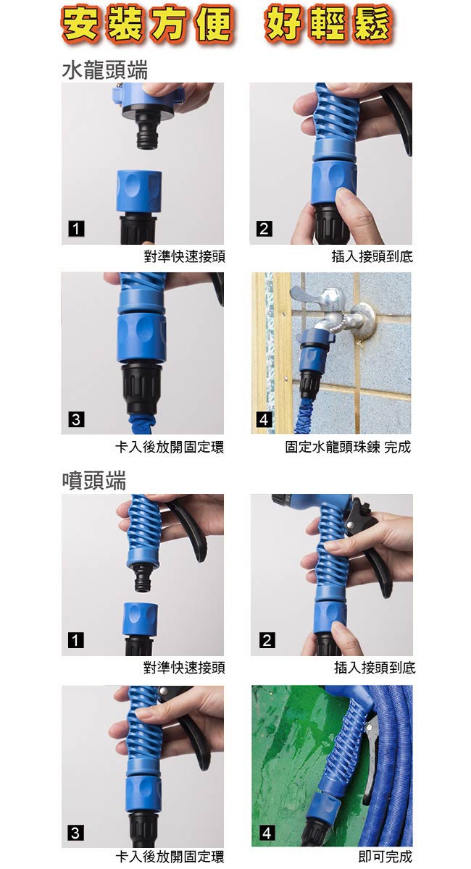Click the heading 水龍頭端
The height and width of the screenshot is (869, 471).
click(105, 70)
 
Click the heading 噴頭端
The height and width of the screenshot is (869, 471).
click(94, 480)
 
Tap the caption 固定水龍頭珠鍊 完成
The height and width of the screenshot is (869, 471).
click(348, 447)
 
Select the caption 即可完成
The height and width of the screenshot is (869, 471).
click(385, 857)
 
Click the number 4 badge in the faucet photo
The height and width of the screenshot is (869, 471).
click(264, 419)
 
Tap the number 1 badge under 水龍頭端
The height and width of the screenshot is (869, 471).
click(76, 229)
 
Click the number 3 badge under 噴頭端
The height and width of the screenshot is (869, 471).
click(75, 833)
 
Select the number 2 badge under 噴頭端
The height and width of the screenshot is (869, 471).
click(267, 639)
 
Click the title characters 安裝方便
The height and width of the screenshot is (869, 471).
click(148, 24)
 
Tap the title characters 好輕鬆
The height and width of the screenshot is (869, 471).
click(328, 24)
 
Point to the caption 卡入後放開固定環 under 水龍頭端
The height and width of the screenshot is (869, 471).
click(170, 447)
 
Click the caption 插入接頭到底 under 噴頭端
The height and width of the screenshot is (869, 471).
click(375, 668)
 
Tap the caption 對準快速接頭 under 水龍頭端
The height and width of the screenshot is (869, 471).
click(185, 256)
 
